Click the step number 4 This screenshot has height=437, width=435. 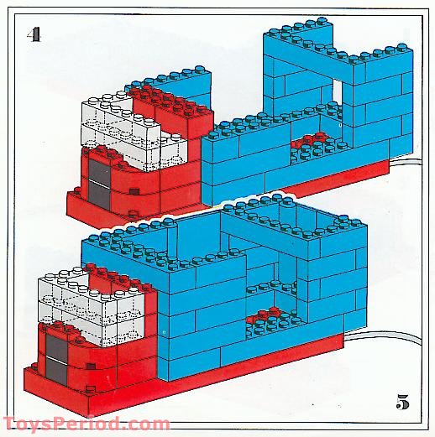[34, 35]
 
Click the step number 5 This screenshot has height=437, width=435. [402, 402]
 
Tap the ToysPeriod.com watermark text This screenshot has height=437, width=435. [86, 424]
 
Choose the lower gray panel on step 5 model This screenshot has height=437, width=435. [56, 372]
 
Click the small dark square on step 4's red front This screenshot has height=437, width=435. [134, 191]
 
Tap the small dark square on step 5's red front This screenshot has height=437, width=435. [91, 366]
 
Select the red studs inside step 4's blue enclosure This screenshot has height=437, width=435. [312, 140]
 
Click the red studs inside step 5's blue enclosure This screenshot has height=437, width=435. [267, 315]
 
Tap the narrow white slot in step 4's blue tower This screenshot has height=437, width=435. [338, 91]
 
